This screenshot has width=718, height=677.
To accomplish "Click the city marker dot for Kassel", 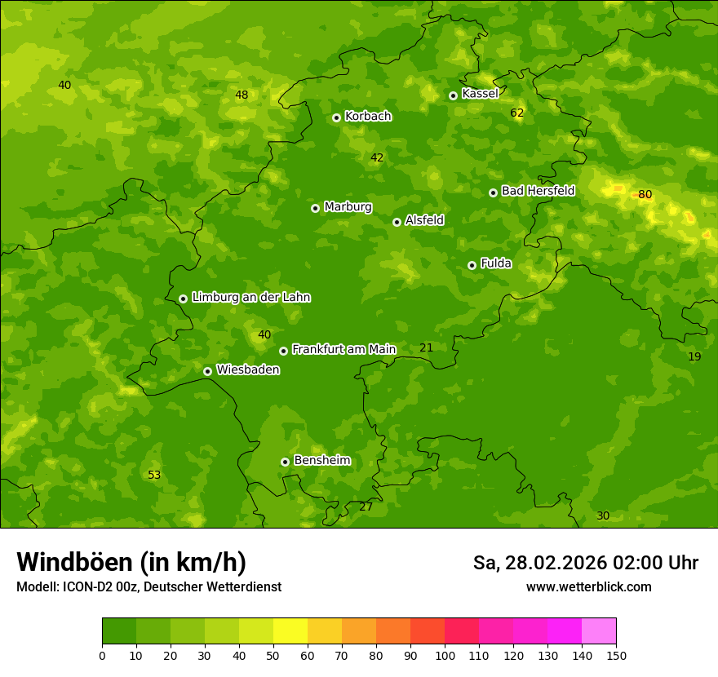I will pyautogui.click(x=453, y=95).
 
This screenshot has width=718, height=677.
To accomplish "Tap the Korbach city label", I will pyautogui.click(x=368, y=117).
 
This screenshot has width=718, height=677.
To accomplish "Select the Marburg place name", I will pyautogui.click(x=348, y=207).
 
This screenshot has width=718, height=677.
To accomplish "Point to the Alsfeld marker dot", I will pyautogui.click(x=397, y=222).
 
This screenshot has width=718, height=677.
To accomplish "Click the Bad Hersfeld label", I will pyautogui.click(x=538, y=191).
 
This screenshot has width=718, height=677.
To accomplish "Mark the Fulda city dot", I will pyautogui.click(x=472, y=265).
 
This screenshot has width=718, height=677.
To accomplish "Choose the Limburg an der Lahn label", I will pyautogui.click(x=250, y=298).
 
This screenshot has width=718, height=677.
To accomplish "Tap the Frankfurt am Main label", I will pyautogui.click(x=343, y=349).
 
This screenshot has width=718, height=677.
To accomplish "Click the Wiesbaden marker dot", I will pyautogui.click(x=207, y=371).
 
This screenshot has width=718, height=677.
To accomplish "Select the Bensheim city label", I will pyautogui.click(x=321, y=461).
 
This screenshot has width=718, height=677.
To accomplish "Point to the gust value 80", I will pyautogui.click(x=645, y=195).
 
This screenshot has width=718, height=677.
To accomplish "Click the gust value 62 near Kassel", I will pyautogui.click(x=516, y=113).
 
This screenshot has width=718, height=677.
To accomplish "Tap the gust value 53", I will pyautogui.click(x=154, y=476).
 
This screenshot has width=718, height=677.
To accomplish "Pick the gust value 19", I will pyautogui.click(x=694, y=357).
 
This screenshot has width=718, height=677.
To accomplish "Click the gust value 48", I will pyautogui.click(x=242, y=95).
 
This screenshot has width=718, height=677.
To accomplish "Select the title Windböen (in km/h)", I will pyautogui.click(x=131, y=562).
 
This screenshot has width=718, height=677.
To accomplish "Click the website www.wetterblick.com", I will pyautogui.click(x=588, y=587).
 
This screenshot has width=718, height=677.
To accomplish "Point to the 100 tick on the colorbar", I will pyautogui.click(x=445, y=655).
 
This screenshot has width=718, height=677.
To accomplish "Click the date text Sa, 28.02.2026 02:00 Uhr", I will pyautogui.click(x=585, y=563).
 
